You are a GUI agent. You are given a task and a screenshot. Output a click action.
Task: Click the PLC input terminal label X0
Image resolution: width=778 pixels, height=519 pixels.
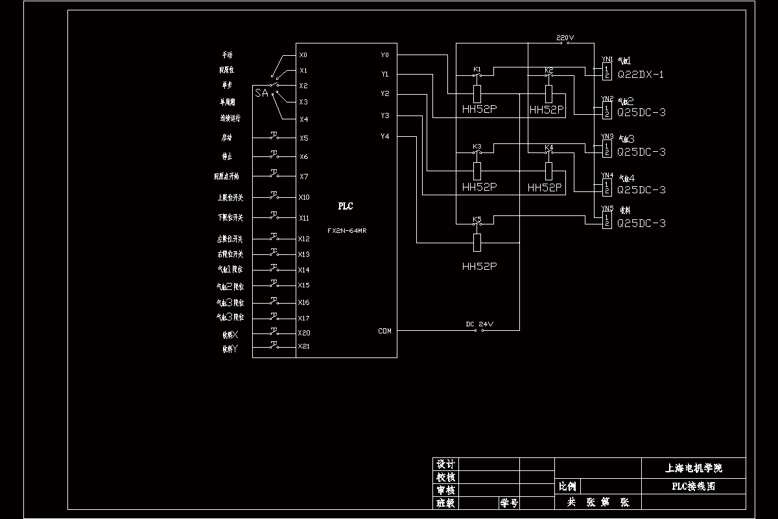point(303,55)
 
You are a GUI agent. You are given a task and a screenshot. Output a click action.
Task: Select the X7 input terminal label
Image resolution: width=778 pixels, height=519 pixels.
point(303,176)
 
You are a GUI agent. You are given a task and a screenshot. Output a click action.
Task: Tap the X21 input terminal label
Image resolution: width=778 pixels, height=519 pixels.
point(304,346)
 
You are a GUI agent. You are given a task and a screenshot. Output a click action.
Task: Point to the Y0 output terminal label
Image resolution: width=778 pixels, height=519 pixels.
point(385,55)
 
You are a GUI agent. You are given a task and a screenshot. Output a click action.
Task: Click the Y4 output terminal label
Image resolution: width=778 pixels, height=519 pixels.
point(385,137)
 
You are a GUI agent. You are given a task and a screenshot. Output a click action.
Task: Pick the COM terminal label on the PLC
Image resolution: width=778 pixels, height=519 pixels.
point(384,332)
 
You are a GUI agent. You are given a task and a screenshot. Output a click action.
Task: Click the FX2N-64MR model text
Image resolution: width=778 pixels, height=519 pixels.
point(347,230)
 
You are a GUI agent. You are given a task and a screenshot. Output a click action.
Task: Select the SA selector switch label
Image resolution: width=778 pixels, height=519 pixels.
point(261,93)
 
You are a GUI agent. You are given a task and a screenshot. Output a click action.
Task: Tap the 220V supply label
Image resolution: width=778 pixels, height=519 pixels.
point(565,38)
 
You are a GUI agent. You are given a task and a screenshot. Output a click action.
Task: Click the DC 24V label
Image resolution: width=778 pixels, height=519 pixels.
point(479,324)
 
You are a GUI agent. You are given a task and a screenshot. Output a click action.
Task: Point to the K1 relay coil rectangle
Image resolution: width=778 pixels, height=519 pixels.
point(477,93)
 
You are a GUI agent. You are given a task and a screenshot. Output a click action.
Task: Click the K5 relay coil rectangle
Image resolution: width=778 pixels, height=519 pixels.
point(477,243)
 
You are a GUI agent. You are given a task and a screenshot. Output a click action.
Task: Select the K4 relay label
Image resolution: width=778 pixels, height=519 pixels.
point(549,147)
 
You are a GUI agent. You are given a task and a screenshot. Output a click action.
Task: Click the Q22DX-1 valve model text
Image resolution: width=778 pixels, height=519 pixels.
point(641,75)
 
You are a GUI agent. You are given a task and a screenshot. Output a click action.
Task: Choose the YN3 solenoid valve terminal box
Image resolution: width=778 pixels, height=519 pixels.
point(607,149)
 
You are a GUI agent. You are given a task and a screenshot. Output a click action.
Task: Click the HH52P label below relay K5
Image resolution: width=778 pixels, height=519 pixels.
point(479,267)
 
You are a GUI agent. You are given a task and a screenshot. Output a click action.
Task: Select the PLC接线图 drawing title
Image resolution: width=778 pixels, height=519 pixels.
point(693,486)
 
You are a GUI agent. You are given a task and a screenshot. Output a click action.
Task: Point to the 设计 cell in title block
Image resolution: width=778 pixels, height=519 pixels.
point(445,465)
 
